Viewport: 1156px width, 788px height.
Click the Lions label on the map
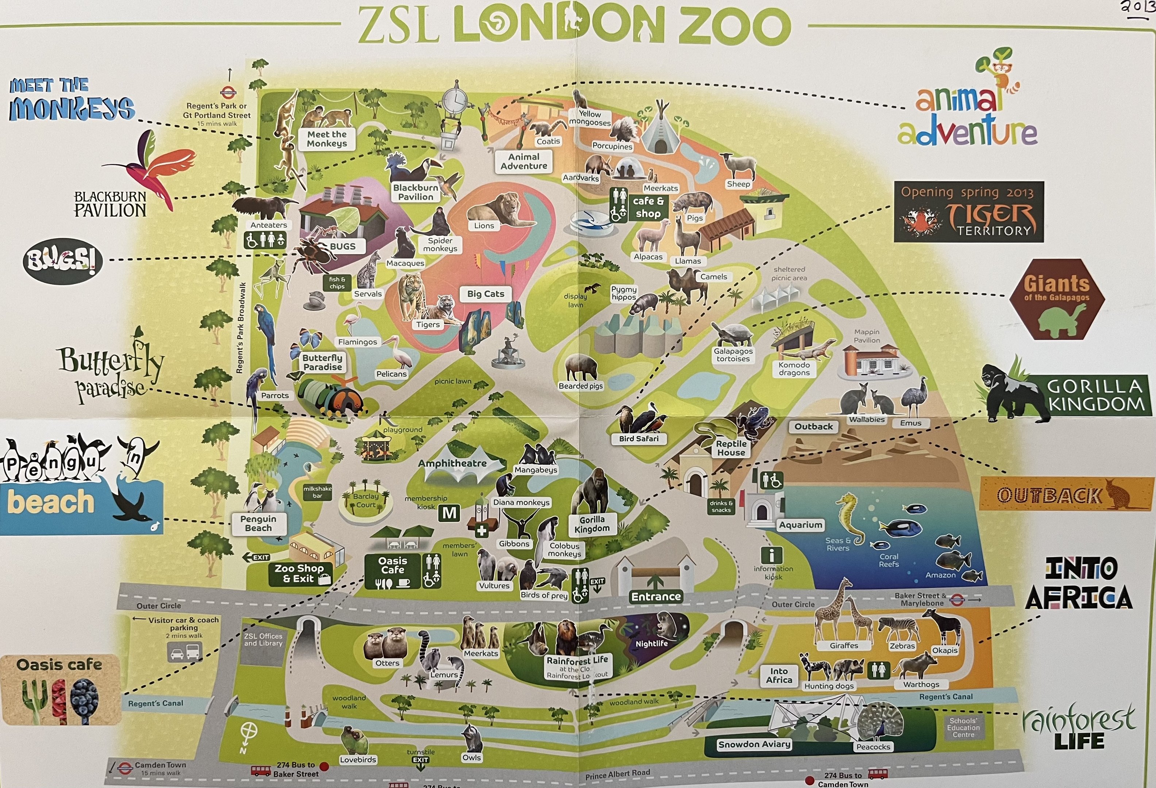(x=483, y=226)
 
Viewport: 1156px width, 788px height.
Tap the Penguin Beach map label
(x=258, y=524)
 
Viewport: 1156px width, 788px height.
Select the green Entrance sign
(x=656, y=596)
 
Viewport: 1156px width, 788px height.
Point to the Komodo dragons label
(x=794, y=368)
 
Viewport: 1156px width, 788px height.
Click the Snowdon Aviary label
(x=754, y=744)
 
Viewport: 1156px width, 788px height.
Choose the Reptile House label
(x=731, y=448)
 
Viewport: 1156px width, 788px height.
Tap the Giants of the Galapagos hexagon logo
(x=1057, y=299)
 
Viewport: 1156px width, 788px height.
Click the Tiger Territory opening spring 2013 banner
(x=968, y=212)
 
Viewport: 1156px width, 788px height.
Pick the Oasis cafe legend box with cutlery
(x=61, y=689)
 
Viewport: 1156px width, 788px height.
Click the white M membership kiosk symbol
(x=449, y=513)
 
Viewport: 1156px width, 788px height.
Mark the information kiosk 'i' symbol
(x=772, y=555)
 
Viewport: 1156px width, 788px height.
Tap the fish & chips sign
(x=337, y=283)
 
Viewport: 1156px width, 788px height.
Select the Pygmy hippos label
(x=624, y=293)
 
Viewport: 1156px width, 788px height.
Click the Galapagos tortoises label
(x=733, y=355)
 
